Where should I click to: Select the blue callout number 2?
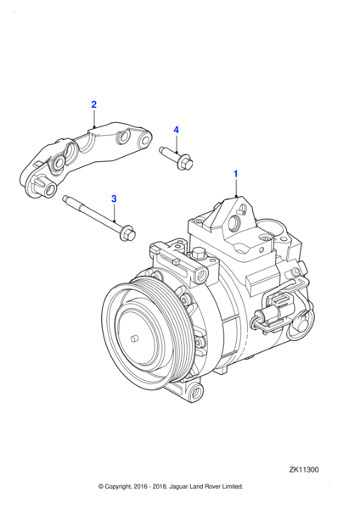coord(93,104)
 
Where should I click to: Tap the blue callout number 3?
coord(114,198)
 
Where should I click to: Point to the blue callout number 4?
coord(177,130)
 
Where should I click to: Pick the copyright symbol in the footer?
coord(101,486)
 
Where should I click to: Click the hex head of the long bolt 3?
coord(126,229)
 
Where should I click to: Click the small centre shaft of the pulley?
coord(134,338)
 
